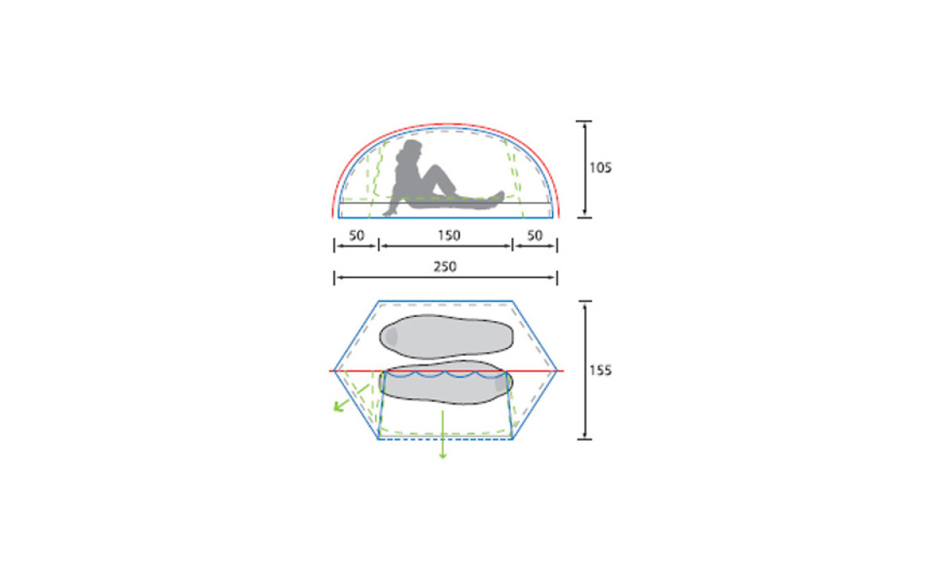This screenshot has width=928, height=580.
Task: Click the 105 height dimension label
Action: pos(600,168)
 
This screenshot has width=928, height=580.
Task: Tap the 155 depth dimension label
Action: pos(600,370)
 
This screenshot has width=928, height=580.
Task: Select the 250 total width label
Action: pos(445,266)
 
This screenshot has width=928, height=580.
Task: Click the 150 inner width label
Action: pos(449,235)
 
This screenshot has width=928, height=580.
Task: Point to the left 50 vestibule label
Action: pos(357,235)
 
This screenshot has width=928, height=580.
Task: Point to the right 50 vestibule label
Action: pos(534,235)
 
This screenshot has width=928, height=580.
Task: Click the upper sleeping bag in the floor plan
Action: pos(446,336)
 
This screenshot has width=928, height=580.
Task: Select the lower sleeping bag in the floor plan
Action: pos(445,382)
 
